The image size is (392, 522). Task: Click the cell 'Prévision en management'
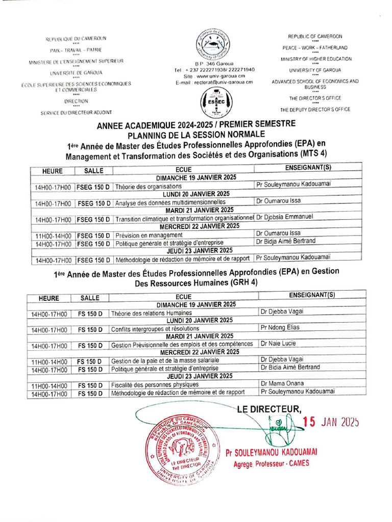point(149,235)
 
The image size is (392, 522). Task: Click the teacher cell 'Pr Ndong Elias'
point(280,327)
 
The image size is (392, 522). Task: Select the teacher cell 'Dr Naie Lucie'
point(278,344)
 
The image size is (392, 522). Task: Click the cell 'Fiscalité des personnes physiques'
point(155,384)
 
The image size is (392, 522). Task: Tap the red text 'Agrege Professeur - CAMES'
point(271,463)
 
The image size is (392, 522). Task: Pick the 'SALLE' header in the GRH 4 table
point(90,298)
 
